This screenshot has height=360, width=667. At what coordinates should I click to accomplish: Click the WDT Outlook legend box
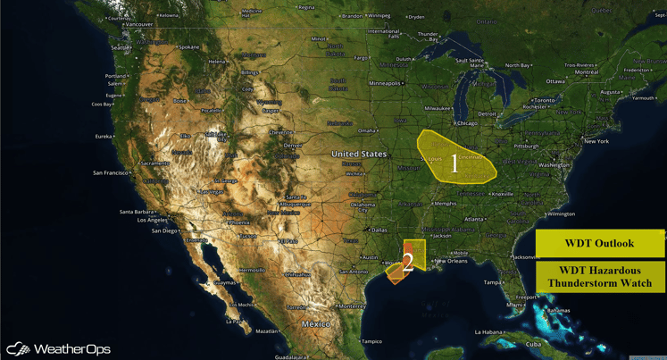pos(599,243)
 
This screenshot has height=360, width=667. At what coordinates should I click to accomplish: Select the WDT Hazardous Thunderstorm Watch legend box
pos(599,277)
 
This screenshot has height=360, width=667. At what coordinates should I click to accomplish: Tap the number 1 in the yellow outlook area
pos(454,163)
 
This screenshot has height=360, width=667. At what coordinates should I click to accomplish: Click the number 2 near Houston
pos(407,263)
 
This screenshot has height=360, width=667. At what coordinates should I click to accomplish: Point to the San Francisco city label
pos(111,172)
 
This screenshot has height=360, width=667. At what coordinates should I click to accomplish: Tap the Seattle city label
pos(121,47)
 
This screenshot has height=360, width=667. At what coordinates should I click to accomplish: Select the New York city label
pos(596,141)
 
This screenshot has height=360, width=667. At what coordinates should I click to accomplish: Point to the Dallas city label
pos(379,230)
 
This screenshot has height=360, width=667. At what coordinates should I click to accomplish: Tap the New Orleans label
pos(451,261)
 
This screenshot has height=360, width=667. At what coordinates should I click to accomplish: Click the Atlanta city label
pos(474,219)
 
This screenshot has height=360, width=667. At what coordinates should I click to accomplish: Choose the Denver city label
pos(293,146)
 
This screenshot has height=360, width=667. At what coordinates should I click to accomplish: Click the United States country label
pos(359,155)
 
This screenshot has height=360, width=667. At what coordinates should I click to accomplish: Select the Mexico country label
pos(315,323)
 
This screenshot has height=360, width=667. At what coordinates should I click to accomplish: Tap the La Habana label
pos(488,332)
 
